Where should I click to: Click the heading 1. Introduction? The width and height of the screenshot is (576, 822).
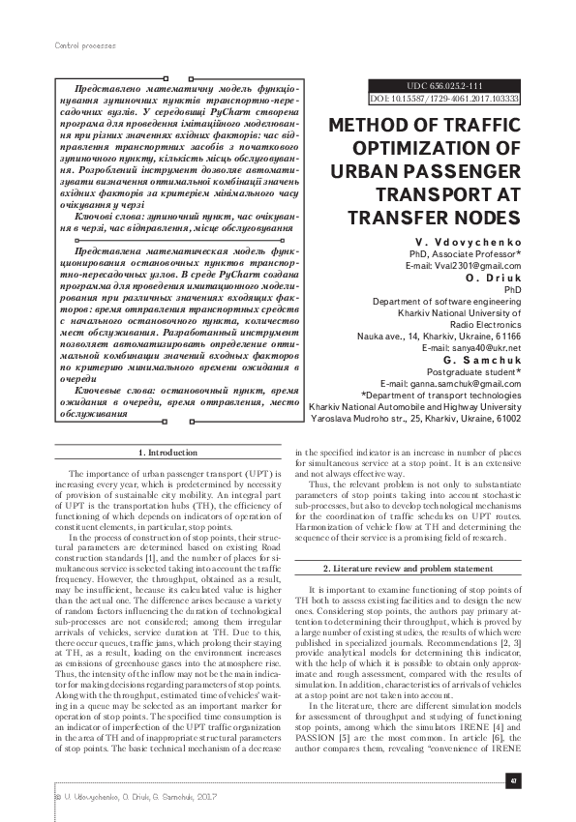pyautogui.click(x=169, y=453)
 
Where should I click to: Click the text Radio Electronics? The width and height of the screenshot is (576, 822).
pyautogui.click(x=485, y=324)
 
